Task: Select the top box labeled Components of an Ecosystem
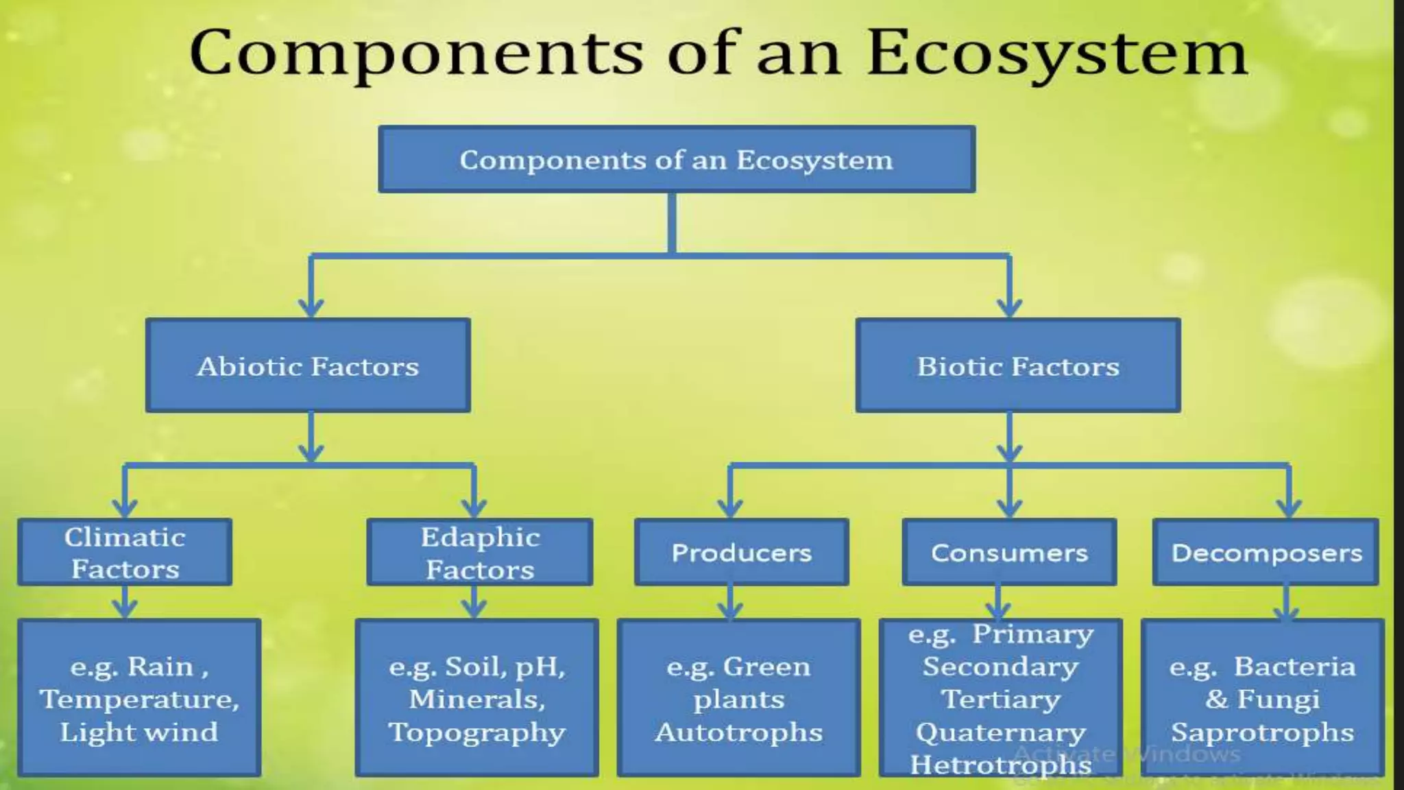[677, 159]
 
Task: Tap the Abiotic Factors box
[308, 366]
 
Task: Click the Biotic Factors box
[1018, 366]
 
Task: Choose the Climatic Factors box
[125, 552]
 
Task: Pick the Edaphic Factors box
[480, 552]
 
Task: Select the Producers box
[741, 552]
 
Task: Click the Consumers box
[1009, 552]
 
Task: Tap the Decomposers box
[1266, 552]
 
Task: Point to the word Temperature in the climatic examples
[139, 699]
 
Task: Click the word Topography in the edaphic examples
[477, 732]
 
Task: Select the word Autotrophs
[738, 732]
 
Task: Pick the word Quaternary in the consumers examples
[1000, 732]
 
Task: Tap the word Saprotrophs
[1262, 732]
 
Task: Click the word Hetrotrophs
[1000, 764]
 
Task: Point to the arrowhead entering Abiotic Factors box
[311, 307]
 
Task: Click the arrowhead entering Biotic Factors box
[1009, 307]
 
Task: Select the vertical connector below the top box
[672, 223]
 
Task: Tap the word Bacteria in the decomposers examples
[1294, 667]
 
